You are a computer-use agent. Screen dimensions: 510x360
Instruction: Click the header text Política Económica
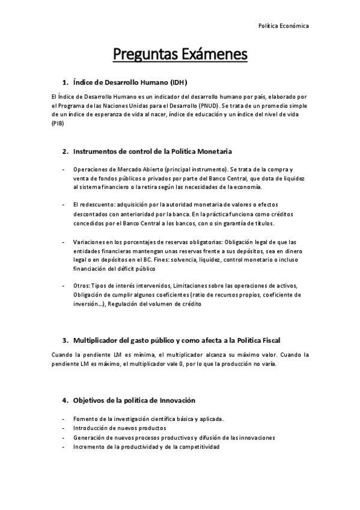point(283,26)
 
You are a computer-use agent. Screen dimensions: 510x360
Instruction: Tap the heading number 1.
point(65,82)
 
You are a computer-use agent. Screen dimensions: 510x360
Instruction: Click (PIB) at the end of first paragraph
point(57,123)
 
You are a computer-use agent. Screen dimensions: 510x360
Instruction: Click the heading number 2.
point(65,150)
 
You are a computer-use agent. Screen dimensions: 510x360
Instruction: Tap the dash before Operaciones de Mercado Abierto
point(63,170)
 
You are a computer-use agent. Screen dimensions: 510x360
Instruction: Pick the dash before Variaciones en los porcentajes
point(63,241)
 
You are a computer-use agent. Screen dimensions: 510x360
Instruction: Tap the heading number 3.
point(65,340)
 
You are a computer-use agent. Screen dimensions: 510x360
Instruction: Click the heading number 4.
point(65,400)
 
